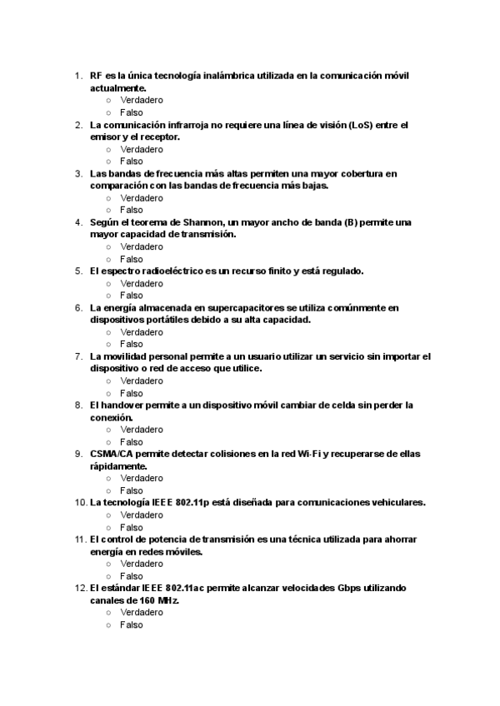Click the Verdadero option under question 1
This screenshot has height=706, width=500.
pos(141,100)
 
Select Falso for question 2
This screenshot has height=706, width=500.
pos(131,161)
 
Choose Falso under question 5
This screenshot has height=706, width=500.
pos(131,295)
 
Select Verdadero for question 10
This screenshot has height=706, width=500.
pos(141,515)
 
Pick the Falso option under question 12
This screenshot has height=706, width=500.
pos(131,624)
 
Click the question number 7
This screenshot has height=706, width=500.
pos(78,356)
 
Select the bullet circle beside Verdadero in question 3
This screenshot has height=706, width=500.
pos(108,198)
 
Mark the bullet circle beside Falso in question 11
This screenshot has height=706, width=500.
pos(108,576)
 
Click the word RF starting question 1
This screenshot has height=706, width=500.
pos(97,76)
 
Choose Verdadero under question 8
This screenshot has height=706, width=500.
pos(141,430)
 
